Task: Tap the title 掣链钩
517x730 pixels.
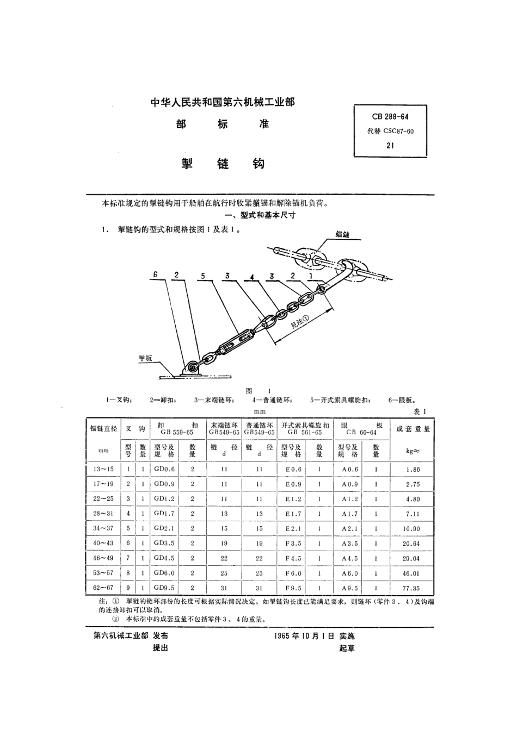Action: (223, 163)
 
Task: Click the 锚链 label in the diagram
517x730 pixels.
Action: (342, 234)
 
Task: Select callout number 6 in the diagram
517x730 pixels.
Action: (155, 276)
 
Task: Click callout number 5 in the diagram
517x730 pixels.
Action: (202, 276)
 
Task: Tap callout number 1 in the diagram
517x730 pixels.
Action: (311, 276)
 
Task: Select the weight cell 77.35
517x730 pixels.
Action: (412, 588)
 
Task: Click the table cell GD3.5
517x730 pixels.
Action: (164, 543)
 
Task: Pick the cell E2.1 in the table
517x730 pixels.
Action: (293, 528)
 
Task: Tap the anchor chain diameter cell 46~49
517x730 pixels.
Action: (103, 558)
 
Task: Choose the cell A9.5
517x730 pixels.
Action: (350, 588)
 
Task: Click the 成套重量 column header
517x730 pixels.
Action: (413, 429)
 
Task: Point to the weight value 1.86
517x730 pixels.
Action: (412, 469)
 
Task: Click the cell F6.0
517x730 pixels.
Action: (293, 573)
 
